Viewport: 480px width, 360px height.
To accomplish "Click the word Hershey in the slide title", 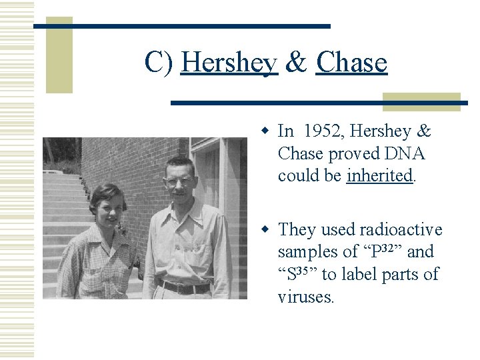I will pyautogui.click(x=229, y=63).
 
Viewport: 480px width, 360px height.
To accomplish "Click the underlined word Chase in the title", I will pyautogui.click(x=351, y=63).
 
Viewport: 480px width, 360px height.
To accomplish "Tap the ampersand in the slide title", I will pyautogui.click(x=296, y=63).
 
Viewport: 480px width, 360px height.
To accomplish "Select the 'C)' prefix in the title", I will pyautogui.click(x=159, y=63).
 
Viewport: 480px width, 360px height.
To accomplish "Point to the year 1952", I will pyautogui.click(x=325, y=131).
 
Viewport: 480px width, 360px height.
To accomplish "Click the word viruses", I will pyautogui.click(x=305, y=296).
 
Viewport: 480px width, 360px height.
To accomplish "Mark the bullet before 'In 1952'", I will pyautogui.click(x=265, y=131).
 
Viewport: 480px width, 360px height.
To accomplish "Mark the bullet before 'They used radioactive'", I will pyautogui.click(x=265, y=229).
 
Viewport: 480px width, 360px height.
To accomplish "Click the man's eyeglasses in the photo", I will pyautogui.click(x=180, y=181).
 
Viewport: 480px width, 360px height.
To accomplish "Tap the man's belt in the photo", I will pyautogui.click(x=183, y=287).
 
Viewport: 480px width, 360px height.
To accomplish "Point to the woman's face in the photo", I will pyautogui.click(x=107, y=206).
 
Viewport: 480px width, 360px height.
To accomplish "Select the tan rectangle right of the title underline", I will pyautogui.click(x=421, y=101).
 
